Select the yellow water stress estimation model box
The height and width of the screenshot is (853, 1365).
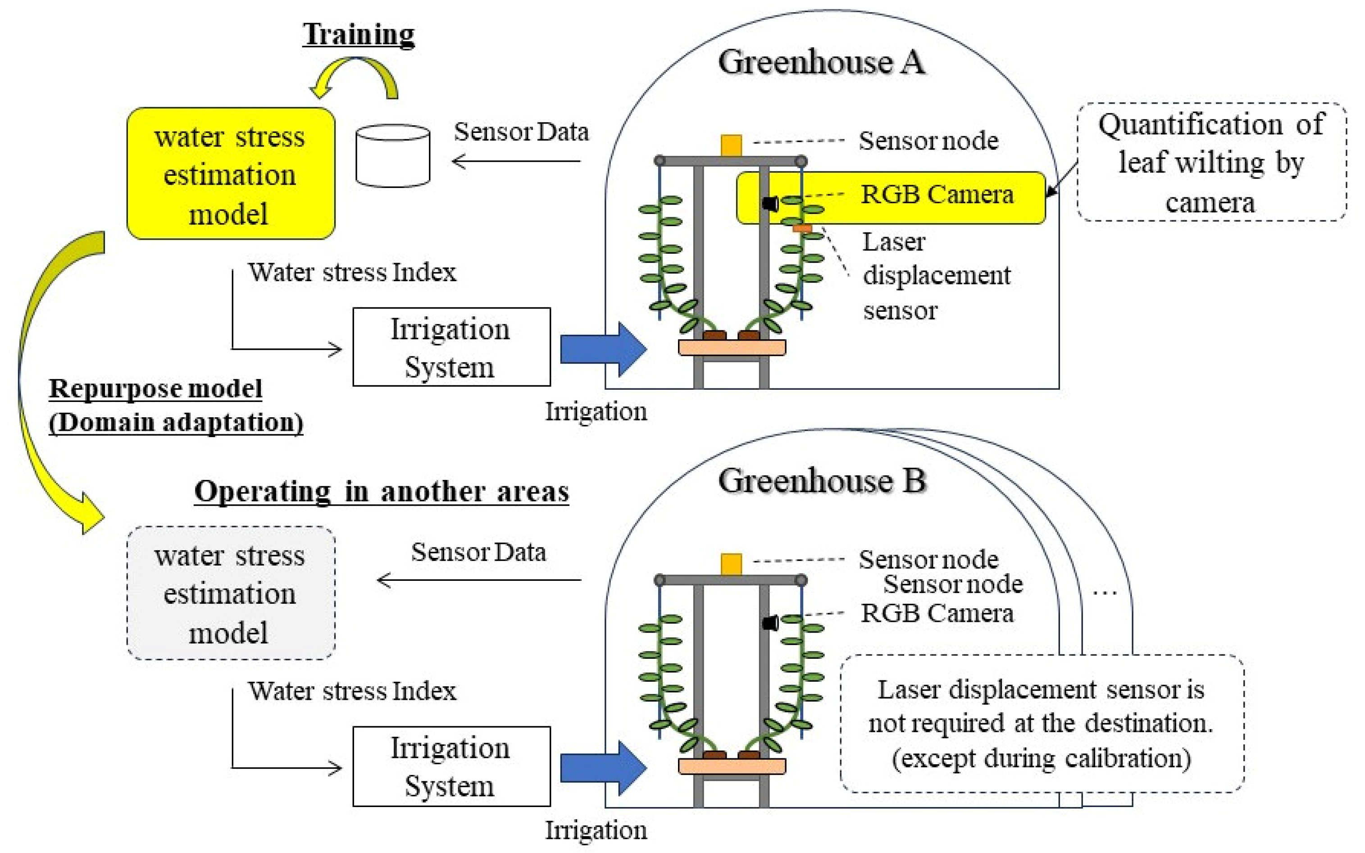click(231, 174)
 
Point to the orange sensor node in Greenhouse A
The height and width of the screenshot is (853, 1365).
click(731, 145)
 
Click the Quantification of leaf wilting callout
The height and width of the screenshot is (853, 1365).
click(1211, 163)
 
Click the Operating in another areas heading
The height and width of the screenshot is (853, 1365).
click(381, 491)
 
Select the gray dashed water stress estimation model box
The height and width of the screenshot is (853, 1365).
click(231, 593)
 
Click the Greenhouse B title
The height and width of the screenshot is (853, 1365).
click(822, 481)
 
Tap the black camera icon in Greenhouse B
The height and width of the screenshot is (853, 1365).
click(770, 623)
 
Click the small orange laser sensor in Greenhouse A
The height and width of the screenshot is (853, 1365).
click(801, 228)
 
